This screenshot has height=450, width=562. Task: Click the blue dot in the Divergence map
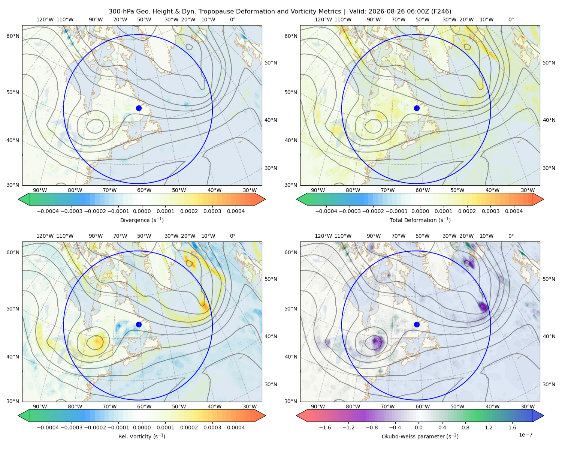(139, 108)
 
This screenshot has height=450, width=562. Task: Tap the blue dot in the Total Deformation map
(417, 108)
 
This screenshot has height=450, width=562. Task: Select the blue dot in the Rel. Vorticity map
(139, 324)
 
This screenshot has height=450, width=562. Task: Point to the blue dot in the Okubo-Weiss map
(417, 324)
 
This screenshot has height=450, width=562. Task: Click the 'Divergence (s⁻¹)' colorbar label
(142, 220)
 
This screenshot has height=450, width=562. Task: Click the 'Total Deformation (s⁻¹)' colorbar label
(420, 220)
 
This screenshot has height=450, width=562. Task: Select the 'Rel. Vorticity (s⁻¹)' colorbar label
(142, 436)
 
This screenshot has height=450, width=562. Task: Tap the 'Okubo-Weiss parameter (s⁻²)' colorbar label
(420, 436)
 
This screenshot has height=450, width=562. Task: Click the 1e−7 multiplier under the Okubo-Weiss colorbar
(525, 435)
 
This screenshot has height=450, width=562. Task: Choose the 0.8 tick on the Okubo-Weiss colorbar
(465, 427)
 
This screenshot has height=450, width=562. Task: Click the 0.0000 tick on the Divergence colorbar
(142, 211)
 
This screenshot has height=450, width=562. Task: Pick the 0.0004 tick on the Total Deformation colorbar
(514, 211)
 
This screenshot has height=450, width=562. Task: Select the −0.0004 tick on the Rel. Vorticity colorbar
(48, 427)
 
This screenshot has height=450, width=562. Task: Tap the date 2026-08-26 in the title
(383, 12)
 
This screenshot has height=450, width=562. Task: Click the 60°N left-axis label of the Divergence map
(13, 36)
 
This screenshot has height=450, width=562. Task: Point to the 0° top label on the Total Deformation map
(511, 19)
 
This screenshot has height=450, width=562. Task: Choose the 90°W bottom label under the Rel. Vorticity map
(40, 406)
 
